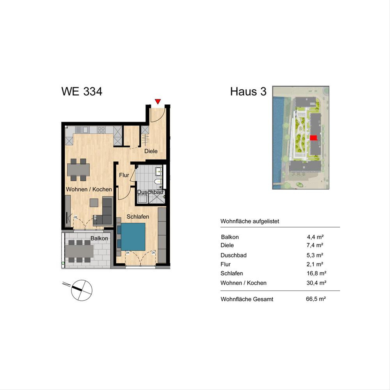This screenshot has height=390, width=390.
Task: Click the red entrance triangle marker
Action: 158,101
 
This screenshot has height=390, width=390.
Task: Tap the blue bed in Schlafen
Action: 133,237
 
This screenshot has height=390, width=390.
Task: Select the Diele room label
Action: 151,151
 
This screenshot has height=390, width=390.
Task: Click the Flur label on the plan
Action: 124,175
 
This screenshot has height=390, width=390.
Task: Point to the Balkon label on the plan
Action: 99,238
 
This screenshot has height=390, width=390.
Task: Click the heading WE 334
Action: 82,91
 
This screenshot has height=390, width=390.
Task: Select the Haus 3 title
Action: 248,91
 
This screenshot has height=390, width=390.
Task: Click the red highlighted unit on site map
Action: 314,137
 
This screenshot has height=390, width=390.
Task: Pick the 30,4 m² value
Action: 316,283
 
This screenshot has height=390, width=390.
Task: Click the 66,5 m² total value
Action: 316,299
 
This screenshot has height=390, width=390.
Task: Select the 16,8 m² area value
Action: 316,273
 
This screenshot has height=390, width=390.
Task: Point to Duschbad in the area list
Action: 233,255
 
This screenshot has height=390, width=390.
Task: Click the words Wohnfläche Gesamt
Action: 247,299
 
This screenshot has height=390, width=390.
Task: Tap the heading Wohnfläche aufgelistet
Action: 250,221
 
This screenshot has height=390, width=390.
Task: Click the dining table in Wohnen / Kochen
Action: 78,170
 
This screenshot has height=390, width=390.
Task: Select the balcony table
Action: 79,251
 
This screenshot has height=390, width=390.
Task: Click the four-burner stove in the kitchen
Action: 101,130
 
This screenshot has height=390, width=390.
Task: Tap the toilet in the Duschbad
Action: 158,182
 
